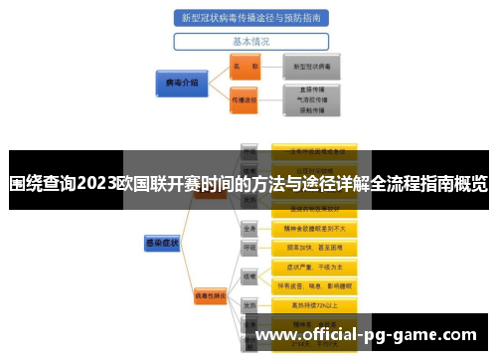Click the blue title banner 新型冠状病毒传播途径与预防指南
pos(250,18)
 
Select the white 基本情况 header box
pos(250,42)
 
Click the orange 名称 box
pos(245,67)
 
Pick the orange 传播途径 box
pos(245,100)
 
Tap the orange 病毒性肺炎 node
pos(210,295)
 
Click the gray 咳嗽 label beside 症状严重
pos(250,275)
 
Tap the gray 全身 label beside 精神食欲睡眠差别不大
pos(250,228)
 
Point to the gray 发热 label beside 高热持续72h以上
pos(250,305)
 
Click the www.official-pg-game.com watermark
pos(366,335)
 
